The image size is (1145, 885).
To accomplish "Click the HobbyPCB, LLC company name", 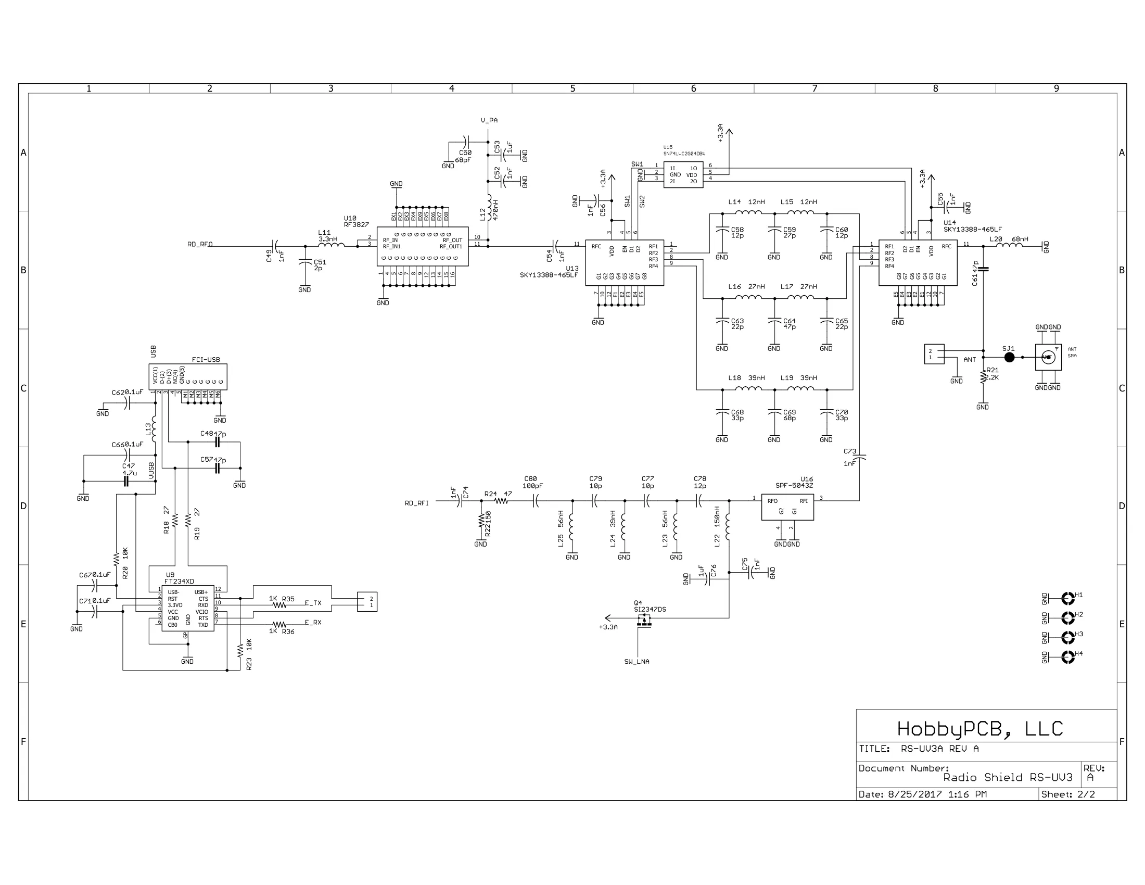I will point(979,729).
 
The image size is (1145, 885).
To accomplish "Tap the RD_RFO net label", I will point(200,244).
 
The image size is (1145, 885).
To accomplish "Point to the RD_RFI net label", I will point(416,503).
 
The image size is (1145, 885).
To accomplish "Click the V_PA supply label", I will point(489,121).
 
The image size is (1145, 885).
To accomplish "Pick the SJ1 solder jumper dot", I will point(1009,358).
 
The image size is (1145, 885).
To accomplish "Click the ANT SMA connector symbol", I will point(1048,358).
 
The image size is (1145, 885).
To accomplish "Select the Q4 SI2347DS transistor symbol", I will point(644,621).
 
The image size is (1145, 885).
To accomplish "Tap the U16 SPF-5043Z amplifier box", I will point(787,507).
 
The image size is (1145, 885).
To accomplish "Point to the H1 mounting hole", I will point(1067,598).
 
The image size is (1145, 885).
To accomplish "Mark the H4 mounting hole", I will point(1067,657).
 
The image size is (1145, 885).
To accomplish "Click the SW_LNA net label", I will point(637,662).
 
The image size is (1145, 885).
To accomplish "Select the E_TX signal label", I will point(313,603).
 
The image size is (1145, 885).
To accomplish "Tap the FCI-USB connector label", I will point(206,360).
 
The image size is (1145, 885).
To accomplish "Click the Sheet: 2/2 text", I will point(1068,794).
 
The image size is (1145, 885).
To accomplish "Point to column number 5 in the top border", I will point(572,88).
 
